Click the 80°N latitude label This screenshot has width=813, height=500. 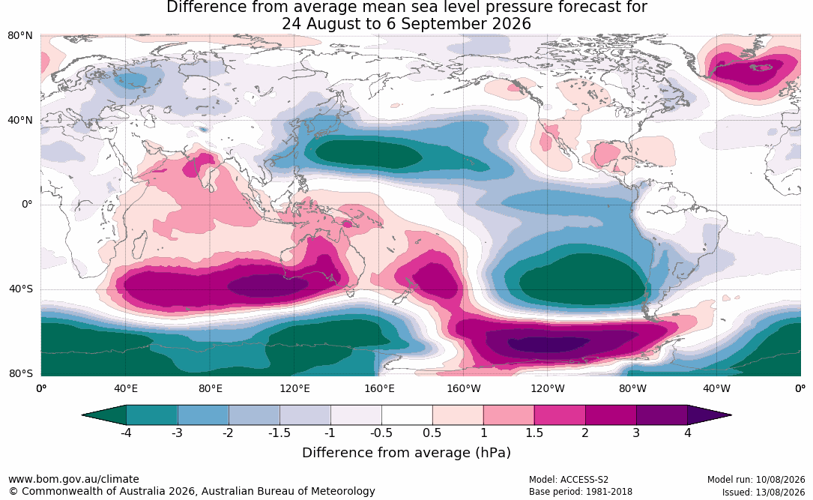(x=20, y=36)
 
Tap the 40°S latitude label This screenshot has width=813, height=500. (x=21, y=289)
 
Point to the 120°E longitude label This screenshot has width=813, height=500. (x=294, y=388)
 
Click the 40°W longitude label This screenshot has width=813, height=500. (x=716, y=388)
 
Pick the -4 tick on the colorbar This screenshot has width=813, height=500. (x=125, y=433)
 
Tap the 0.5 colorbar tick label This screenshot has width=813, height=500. (x=432, y=433)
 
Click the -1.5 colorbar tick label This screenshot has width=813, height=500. (x=279, y=433)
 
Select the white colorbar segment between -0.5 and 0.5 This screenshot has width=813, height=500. (x=407, y=415)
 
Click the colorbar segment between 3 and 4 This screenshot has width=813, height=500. (x=662, y=415)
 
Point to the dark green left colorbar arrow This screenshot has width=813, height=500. (x=103, y=415)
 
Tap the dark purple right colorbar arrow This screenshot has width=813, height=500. (x=710, y=415)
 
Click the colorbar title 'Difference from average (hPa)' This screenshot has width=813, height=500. (x=406, y=452)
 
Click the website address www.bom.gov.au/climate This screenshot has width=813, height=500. (x=73, y=479)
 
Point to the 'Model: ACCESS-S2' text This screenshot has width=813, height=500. (x=568, y=479)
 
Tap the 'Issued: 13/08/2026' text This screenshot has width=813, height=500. (x=764, y=492)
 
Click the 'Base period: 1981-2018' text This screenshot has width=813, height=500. (x=580, y=491)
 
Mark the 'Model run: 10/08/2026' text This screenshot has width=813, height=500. (x=756, y=479)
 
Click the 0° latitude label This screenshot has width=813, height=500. (x=27, y=205)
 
